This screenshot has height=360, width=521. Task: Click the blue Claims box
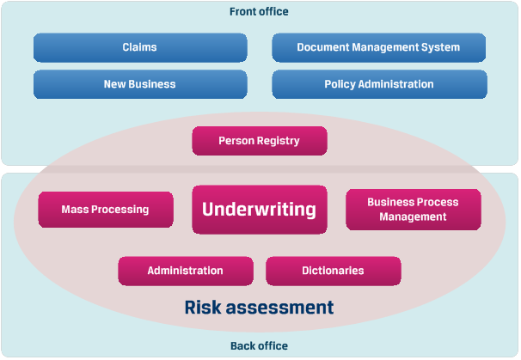tap(139, 47)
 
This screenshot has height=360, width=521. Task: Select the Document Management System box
tap(378, 47)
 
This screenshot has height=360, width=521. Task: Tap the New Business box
tap(139, 84)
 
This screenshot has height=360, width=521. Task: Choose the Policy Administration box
tap(378, 84)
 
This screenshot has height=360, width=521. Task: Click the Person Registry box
tap(259, 141)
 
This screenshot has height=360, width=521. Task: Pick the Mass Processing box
tap(105, 210)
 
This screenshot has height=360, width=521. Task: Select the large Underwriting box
tap(259, 210)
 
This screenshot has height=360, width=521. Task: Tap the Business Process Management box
tap(413, 210)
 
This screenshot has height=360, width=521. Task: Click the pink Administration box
tap(185, 271)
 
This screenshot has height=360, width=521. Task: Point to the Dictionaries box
tap(333, 271)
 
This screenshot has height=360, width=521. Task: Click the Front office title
tap(259, 12)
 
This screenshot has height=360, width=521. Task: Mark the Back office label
tap(259, 346)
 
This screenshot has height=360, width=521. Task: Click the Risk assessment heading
tap(259, 307)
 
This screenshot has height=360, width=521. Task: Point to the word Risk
tap(204, 307)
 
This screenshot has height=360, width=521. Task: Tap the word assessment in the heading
tap(281, 307)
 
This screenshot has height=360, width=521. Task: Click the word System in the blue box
tap(440, 47)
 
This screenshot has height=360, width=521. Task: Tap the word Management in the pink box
tap(413, 217)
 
